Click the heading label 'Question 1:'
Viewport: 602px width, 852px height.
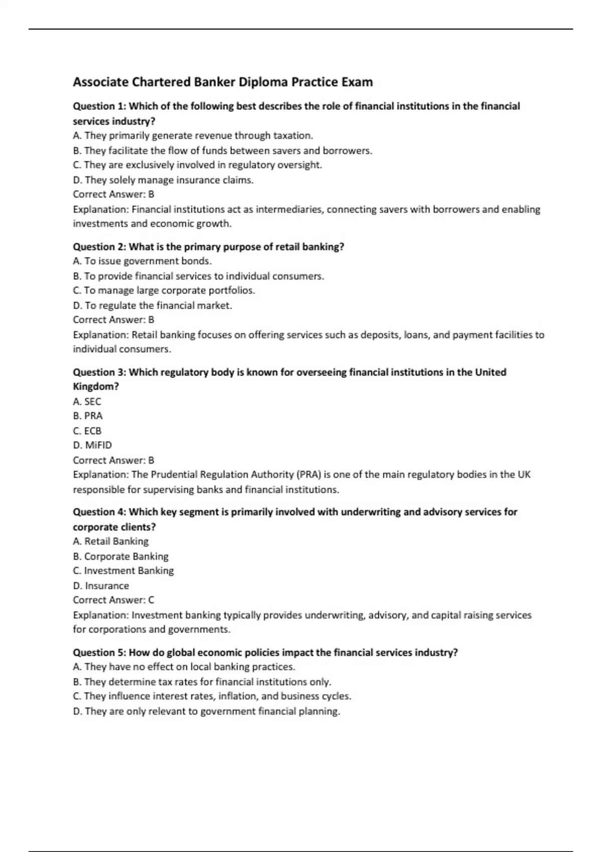coord(100,106)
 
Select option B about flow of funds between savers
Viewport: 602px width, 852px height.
coord(222,150)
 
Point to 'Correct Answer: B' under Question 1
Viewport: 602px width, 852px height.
coord(113,194)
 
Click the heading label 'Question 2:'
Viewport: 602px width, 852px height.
coord(100,247)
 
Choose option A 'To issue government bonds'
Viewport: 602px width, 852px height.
coord(142,261)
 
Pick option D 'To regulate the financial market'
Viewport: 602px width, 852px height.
coord(153,305)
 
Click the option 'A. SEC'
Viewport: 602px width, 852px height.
coord(87,401)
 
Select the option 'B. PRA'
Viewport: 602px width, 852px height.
coord(87,416)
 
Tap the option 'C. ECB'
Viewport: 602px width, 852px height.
coord(87,431)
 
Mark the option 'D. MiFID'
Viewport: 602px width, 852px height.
coord(92,445)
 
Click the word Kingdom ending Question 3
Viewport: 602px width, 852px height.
coord(95,387)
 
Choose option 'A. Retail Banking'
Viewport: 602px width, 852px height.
coord(110,541)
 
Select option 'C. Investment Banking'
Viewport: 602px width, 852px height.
coord(123,571)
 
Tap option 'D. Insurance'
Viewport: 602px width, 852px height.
coord(101,585)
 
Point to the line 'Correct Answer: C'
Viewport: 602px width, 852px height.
coord(113,600)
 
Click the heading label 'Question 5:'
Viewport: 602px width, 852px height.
coord(100,653)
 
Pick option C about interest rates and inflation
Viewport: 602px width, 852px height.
coord(212,696)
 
